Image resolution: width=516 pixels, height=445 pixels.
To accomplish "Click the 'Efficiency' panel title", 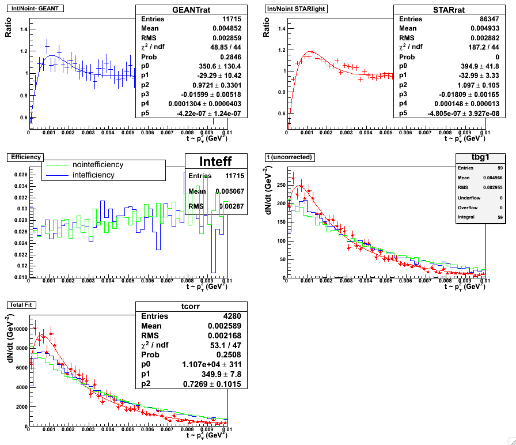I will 24,157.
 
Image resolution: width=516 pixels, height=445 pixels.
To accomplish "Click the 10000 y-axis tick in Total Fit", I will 16,329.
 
